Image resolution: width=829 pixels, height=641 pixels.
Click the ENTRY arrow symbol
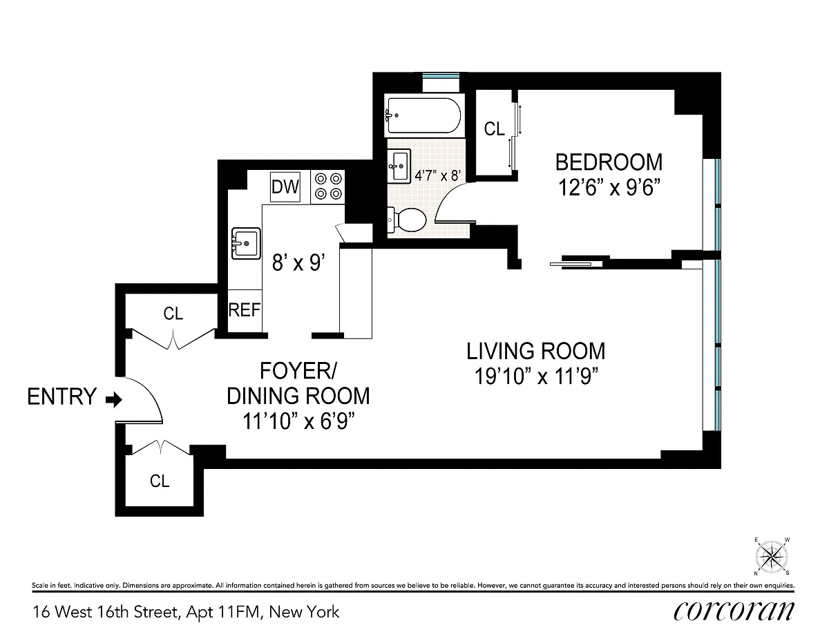point(114,400)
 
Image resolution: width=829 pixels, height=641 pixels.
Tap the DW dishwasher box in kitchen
point(285,187)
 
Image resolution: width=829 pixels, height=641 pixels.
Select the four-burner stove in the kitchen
point(327,187)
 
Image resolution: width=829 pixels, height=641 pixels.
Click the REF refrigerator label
point(245,310)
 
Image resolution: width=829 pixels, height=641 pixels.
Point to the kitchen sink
point(246,243)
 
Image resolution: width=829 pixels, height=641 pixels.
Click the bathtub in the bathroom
point(424,115)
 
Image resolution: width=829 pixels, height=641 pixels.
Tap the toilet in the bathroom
point(407,220)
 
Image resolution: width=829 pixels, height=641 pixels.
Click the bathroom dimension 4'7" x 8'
point(438,175)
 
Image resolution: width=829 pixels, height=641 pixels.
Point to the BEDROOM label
point(609,162)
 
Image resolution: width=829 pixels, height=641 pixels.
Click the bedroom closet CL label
point(494,129)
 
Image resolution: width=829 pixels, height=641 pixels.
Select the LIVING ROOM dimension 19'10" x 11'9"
point(535,376)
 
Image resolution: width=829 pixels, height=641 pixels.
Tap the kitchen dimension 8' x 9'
point(298,263)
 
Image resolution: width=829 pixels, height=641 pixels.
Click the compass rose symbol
point(772,557)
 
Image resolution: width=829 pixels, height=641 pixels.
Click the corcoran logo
point(734,613)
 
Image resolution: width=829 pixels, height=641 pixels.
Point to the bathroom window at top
point(441,76)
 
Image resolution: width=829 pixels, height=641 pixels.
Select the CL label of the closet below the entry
point(160,481)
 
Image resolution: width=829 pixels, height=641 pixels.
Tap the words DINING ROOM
point(298,396)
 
